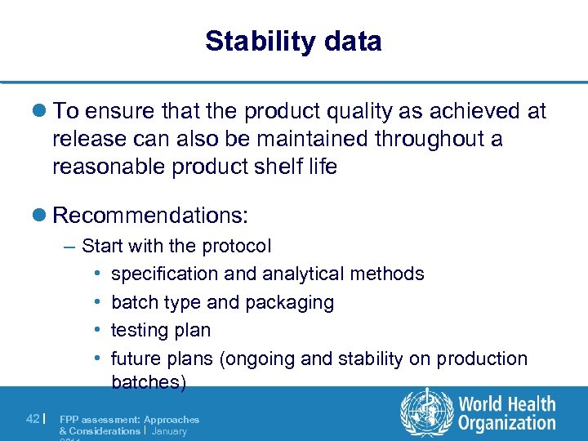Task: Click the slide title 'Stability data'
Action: point(293,41)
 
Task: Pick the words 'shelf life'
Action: point(296,167)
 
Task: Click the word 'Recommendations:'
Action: point(150,216)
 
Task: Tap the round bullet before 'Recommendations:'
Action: point(41,216)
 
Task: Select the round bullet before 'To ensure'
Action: point(41,112)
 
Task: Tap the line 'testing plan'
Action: point(161,330)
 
